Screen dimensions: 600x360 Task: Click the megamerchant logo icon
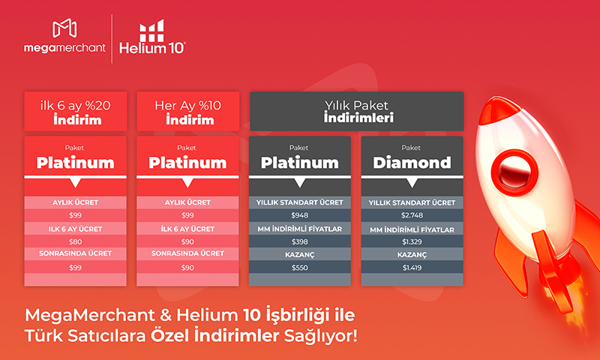[x=64, y=28]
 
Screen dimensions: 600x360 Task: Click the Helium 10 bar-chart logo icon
[x=151, y=31]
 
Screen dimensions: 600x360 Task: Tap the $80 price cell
[x=76, y=241]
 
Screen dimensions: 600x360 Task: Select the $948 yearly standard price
[x=299, y=215]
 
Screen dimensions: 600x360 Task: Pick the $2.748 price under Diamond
[x=412, y=215]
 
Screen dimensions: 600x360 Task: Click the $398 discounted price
[x=299, y=241]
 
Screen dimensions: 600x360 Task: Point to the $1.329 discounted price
[x=412, y=241]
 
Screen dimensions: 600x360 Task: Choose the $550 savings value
[x=299, y=268]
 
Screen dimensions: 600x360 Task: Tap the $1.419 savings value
[x=412, y=268]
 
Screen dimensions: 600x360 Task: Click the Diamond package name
[x=412, y=163]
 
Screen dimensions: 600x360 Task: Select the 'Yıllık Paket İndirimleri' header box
[x=357, y=111]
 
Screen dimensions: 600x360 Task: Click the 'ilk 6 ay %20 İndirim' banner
[x=76, y=111]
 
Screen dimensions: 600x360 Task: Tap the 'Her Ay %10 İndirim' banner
[x=188, y=111]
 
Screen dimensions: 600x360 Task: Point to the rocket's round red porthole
[x=514, y=172]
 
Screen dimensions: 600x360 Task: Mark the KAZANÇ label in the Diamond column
[x=412, y=255]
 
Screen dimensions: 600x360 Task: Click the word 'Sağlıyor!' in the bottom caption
[x=321, y=337]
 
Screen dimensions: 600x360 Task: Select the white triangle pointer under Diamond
[x=412, y=183]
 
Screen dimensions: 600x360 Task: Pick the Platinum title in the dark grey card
[x=299, y=163]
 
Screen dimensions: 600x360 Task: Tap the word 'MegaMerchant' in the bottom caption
[x=89, y=316]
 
